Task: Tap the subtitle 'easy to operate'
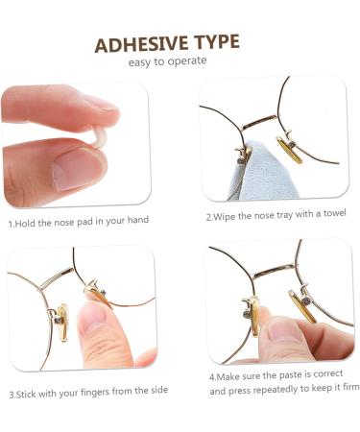tap(167, 61)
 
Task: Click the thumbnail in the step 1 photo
tap(76, 168)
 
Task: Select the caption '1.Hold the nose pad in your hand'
tap(79, 222)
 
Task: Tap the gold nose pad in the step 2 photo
tap(288, 148)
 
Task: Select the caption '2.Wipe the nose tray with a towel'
tap(276, 214)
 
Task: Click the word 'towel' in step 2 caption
tap(333, 213)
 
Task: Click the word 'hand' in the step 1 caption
tap(136, 221)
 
